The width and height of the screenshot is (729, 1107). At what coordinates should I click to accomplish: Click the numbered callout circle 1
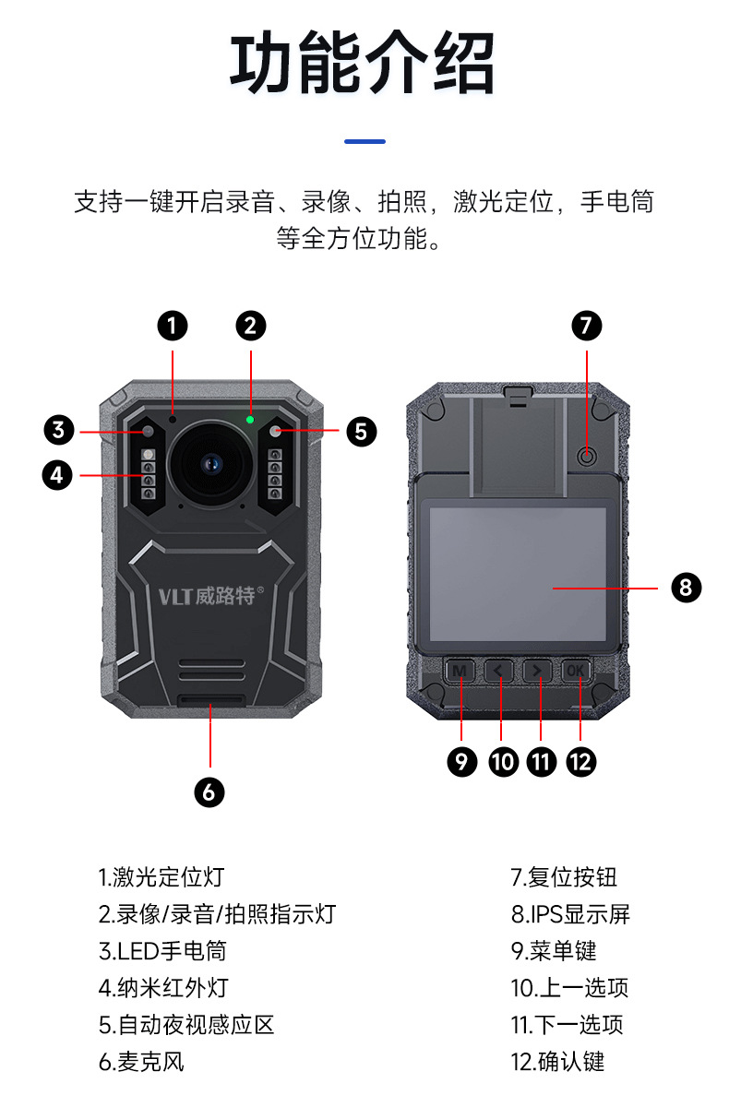[x=172, y=325]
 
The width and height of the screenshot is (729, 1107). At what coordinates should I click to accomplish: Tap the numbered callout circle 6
[x=209, y=791]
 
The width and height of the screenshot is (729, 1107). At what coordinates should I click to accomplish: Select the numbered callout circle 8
[x=686, y=587]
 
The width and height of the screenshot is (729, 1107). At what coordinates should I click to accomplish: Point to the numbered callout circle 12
[x=580, y=761]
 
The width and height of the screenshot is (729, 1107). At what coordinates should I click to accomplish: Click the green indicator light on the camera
[x=250, y=420]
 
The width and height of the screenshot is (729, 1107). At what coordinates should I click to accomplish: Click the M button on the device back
[x=459, y=671]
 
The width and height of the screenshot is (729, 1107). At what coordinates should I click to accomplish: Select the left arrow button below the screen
[x=498, y=671]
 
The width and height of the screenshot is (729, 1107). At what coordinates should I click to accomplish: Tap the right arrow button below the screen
[x=537, y=671]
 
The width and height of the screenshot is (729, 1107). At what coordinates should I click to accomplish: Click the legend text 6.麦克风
[x=141, y=1062]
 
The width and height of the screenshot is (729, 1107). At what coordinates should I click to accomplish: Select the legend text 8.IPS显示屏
[x=570, y=914]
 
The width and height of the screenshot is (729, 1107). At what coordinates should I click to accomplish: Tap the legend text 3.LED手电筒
[x=162, y=951]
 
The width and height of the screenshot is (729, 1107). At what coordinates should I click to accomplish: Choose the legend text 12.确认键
[x=557, y=1062]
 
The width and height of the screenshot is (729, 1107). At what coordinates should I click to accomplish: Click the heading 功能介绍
[x=363, y=65]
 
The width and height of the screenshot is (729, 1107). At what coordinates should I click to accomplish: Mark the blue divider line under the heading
[x=364, y=141]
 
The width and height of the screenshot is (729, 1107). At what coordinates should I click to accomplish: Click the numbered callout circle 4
[x=57, y=475]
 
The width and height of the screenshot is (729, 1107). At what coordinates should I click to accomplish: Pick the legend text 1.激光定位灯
[x=161, y=877]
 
